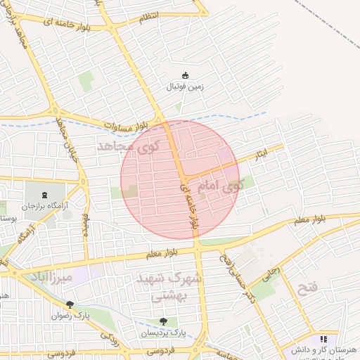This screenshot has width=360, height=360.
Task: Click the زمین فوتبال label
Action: tap(184, 87)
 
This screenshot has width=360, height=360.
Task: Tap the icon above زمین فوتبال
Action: tap(185, 75)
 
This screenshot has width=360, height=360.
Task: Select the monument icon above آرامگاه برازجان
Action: tap(45, 195)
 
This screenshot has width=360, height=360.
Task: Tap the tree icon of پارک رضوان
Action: tap(70, 304)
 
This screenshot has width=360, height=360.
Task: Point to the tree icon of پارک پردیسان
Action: tap(163, 322)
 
